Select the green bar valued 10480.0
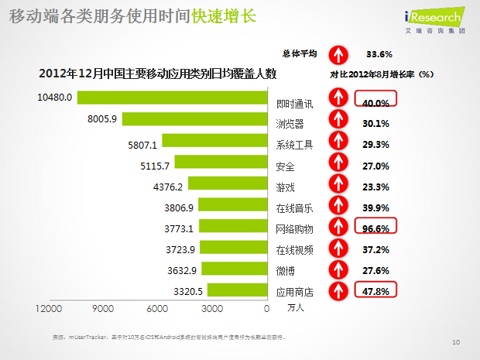[171, 98]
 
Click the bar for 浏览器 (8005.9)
[194, 119]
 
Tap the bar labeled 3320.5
[236, 291]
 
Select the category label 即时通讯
[294, 102]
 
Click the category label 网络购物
[294, 230]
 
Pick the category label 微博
[285, 273]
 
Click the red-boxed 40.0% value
[375, 101]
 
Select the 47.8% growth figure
[375, 290]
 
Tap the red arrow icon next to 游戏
[338, 187]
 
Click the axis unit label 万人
[296, 310]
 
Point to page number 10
[456, 341]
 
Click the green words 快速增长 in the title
[224, 16]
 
